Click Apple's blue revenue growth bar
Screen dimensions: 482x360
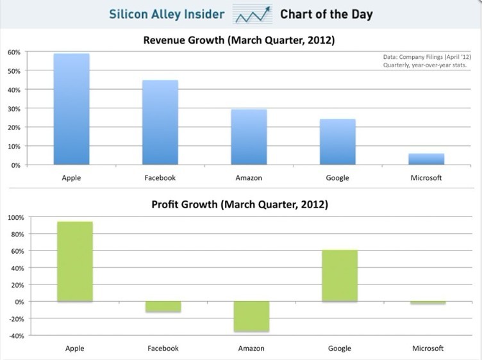point(72,109)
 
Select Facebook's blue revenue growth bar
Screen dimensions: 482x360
point(160,122)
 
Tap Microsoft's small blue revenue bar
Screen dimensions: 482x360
point(426,159)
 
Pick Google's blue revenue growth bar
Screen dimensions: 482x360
point(338,142)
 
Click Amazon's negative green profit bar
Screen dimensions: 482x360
point(251,316)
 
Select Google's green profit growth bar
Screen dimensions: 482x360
point(340,275)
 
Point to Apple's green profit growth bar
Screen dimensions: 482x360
point(75,261)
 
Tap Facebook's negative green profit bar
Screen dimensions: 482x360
point(163,307)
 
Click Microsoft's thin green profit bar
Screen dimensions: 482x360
point(428,303)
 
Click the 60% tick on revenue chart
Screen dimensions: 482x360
point(14,53)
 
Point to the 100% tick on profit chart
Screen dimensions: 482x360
point(15,218)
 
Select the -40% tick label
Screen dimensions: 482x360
point(16,336)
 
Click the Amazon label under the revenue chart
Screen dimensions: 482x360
point(249,178)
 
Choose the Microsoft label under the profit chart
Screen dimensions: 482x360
point(428,348)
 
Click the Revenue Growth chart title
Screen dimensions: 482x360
point(239,40)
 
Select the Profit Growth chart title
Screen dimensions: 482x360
point(240,204)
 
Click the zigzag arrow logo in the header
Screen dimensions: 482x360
point(253,15)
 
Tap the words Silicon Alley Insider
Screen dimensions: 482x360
point(167,14)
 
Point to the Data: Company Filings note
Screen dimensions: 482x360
point(427,57)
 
